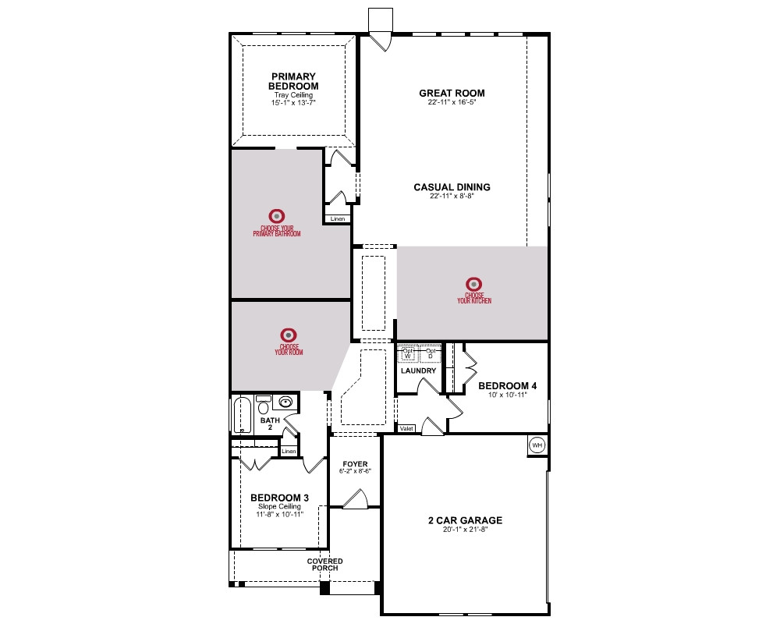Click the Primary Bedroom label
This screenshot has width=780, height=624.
pyautogui.click(x=293, y=81)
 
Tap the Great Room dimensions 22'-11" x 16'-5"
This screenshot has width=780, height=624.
pyautogui.click(x=452, y=102)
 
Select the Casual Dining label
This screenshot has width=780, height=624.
pyautogui.click(x=452, y=187)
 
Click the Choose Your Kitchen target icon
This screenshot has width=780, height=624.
pyautogui.click(x=474, y=284)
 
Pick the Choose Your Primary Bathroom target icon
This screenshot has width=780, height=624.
pyautogui.click(x=277, y=216)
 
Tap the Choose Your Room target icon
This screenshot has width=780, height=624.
pyautogui.click(x=289, y=335)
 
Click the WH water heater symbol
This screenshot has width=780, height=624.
pyautogui.click(x=537, y=445)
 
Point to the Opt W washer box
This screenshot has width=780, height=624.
pyautogui.click(x=408, y=354)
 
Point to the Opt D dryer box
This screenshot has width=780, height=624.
pyautogui.click(x=431, y=354)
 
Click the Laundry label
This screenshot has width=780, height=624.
pyautogui.click(x=418, y=370)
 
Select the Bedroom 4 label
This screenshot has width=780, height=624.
pyautogui.click(x=508, y=385)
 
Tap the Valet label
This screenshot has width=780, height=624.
pyautogui.click(x=406, y=428)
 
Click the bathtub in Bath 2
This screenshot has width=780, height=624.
pyautogui.click(x=243, y=414)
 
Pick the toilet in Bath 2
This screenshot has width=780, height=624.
pyautogui.click(x=263, y=406)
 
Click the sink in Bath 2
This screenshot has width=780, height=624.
pyautogui.click(x=285, y=402)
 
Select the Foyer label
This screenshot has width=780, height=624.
pyautogui.click(x=355, y=464)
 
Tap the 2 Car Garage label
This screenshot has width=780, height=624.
pyautogui.click(x=465, y=520)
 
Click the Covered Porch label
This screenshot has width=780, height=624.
pyautogui.click(x=324, y=564)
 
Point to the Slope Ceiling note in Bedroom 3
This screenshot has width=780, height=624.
pyautogui.click(x=279, y=506)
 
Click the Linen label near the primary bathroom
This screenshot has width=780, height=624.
pyautogui.click(x=338, y=219)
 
